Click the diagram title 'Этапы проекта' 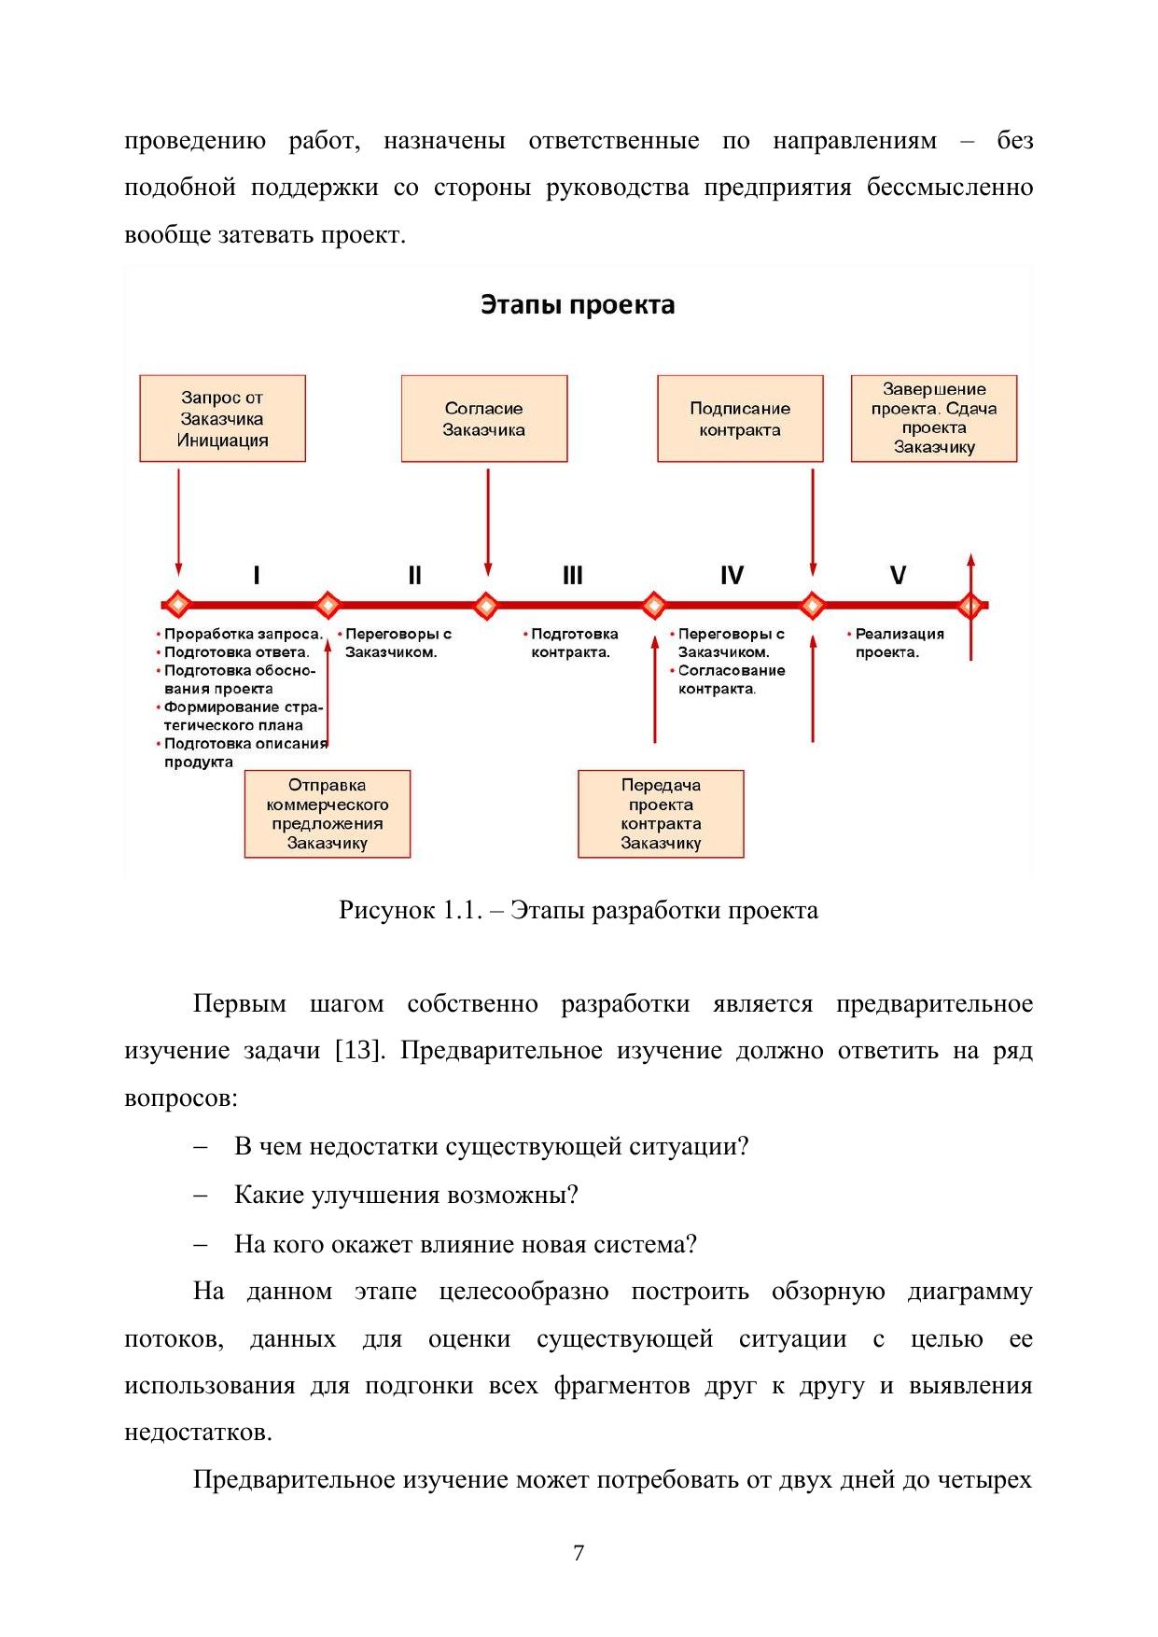point(578,305)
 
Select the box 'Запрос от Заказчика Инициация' point(222,419)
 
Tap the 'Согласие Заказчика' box point(483,419)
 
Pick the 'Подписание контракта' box point(740,419)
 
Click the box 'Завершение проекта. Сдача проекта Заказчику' point(933,419)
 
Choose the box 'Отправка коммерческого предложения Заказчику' point(327,814)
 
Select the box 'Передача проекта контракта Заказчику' point(661,814)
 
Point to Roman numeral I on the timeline point(257,575)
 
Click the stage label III point(572,575)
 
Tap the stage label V point(898,575)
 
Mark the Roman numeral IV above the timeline point(732,575)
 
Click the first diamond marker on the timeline point(177,605)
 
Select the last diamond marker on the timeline point(970,605)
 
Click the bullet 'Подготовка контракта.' point(573,643)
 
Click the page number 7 point(579,1552)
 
